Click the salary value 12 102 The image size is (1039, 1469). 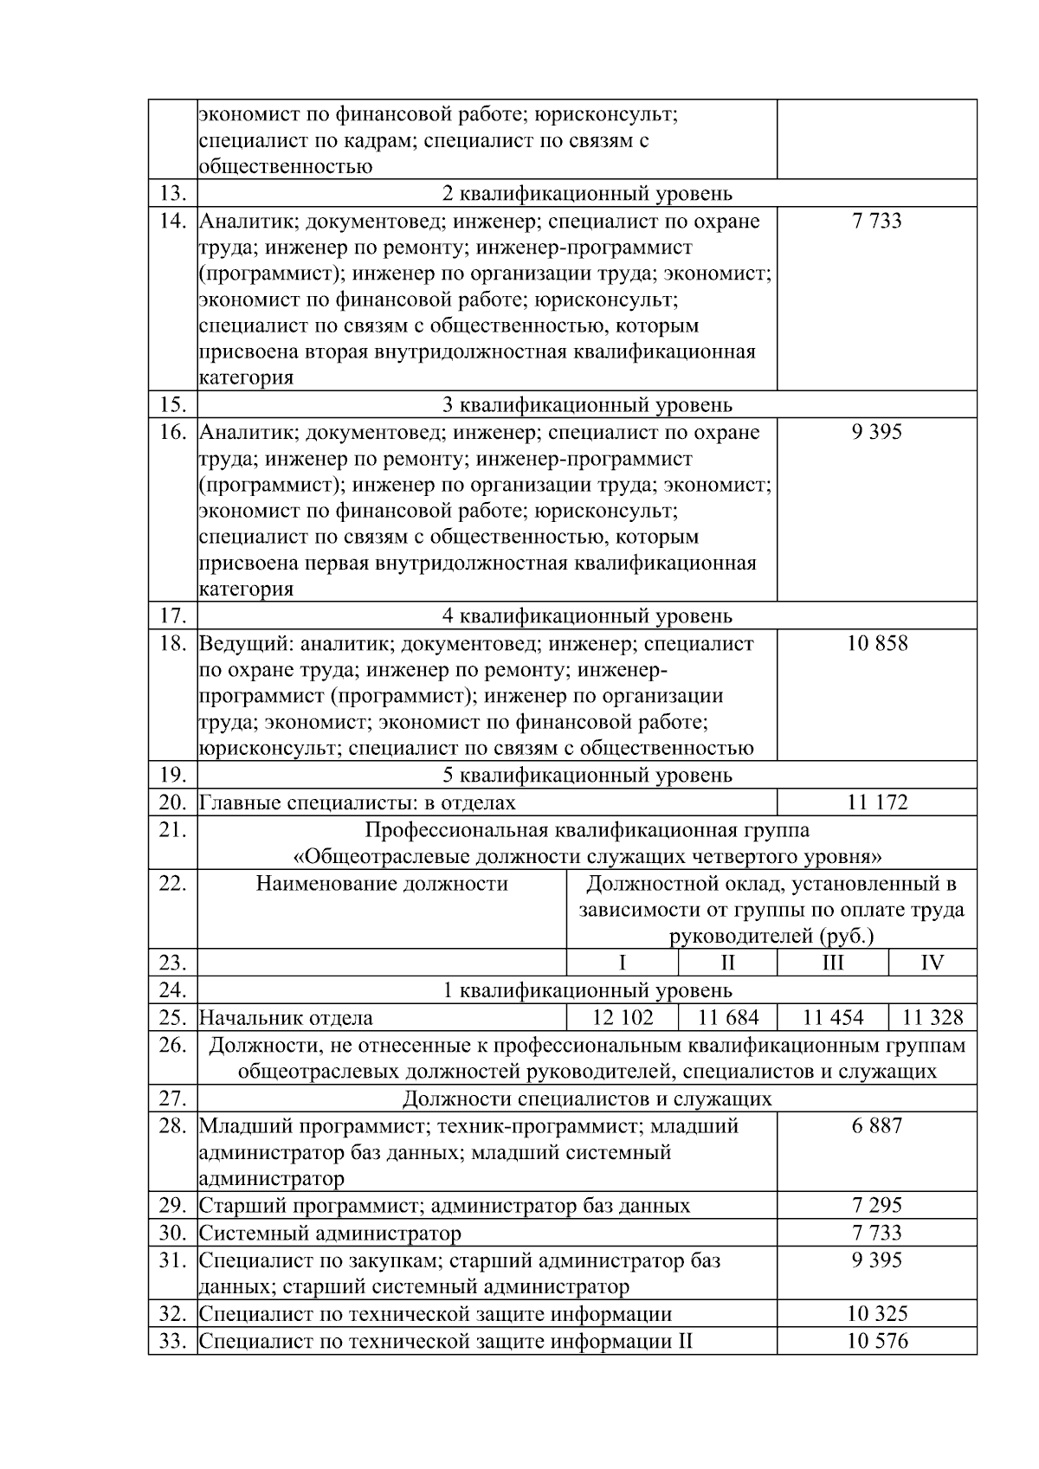click(623, 1018)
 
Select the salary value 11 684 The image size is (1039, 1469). click(727, 1018)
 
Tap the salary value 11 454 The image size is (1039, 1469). click(833, 1018)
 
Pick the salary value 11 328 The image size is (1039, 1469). click(933, 1018)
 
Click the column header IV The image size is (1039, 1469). click(933, 963)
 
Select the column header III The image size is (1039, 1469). click(833, 963)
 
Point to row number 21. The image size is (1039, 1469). click(173, 830)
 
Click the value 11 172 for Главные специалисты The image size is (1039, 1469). click(877, 802)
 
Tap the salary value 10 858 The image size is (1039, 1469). click(877, 644)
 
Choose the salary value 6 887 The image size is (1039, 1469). click(877, 1126)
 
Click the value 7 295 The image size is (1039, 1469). click(877, 1205)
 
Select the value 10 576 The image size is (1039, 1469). click(877, 1342)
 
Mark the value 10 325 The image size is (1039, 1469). click(877, 1314)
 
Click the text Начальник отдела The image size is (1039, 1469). click(287, 1019)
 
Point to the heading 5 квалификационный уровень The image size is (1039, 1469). click(587, 775)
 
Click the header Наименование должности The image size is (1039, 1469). click(382, 884)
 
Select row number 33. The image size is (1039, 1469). click(173, 1342)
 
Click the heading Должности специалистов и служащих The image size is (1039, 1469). click(587, 1099)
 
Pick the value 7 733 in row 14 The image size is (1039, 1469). click(877, 222)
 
